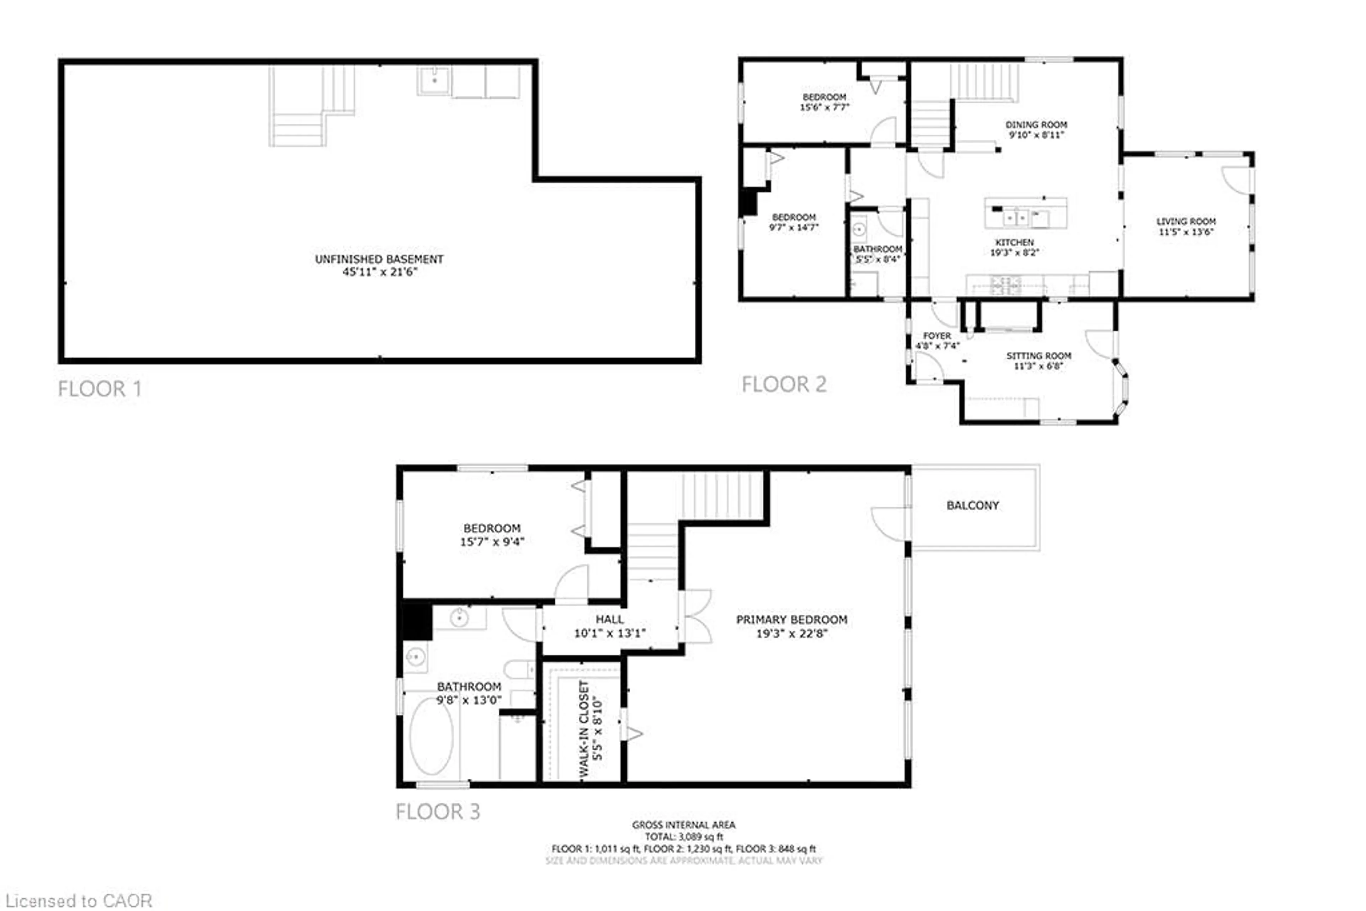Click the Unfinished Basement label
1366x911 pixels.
[x=379, y=259]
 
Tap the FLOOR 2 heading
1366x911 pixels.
[x=783, y=385]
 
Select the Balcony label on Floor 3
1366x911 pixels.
[x=973, y=505]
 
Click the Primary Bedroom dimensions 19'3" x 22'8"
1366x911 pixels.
[x=791, y=633]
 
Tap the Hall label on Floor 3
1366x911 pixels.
[x=609, y=619]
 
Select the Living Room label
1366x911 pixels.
[x=1185, y=221]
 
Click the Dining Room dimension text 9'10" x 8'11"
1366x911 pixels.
[x=1036, y=135]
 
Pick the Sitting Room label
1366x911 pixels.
[x=1038, y=356]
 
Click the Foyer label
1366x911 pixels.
[x=937, y=336]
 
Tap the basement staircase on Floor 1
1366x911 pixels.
[x=311, y=107]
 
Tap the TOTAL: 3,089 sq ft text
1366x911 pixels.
[x=684, y=837]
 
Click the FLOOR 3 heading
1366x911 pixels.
[x=438, y=812]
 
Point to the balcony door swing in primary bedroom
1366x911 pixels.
[x=889, y=523]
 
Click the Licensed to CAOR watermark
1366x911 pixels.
[x=79, y=901]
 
